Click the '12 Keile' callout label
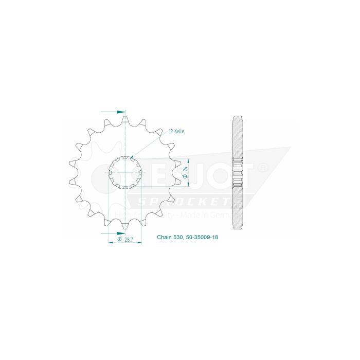[176, 132]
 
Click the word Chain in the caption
[165, 239]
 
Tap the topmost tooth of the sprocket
[125, 119]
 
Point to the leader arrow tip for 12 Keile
[132, 157]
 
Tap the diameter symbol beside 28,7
[119, 239]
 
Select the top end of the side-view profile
[238, 116]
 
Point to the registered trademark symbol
[262, 168]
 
